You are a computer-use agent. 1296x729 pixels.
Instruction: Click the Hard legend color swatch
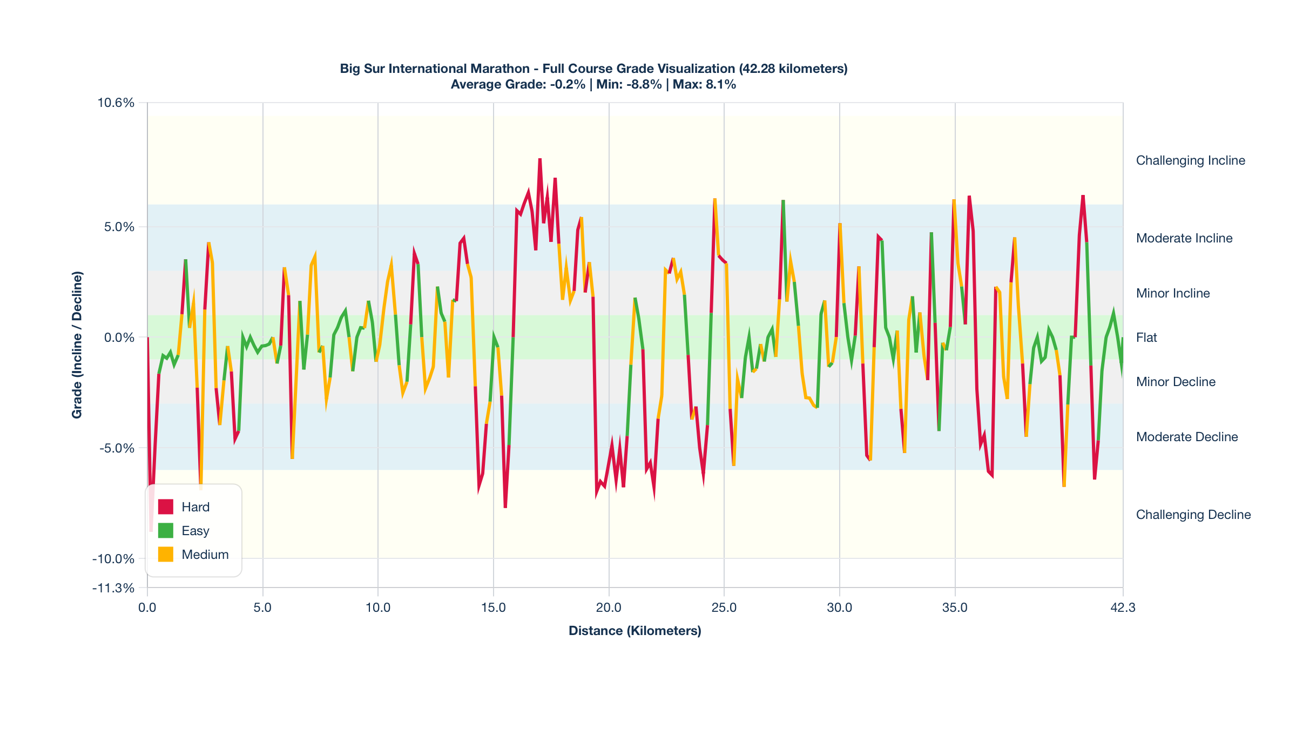coord(165,507)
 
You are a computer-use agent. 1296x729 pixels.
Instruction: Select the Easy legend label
coord(195,531)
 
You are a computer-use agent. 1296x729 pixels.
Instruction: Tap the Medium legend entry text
coord(205,555)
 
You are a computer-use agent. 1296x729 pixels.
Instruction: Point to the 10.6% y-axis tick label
coord(116,103)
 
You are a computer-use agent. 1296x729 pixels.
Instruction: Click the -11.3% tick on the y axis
coord(113,588)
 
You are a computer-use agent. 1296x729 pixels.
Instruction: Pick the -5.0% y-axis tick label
coord(117,448)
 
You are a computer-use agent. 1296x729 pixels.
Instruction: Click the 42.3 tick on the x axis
coord(1123,607)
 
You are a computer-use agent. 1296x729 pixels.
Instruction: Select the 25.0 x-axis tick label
coord(724,607)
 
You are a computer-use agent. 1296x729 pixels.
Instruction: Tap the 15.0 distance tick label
coord(493,607)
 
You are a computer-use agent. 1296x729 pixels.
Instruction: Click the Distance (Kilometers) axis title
coord(634,631)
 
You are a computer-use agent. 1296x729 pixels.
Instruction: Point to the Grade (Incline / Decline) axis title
coord(77,345)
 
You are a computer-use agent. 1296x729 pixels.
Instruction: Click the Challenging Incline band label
coord(1190,160)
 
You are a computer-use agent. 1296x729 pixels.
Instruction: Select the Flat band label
coord(1146,337)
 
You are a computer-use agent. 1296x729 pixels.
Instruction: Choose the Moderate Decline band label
coord(1186,437)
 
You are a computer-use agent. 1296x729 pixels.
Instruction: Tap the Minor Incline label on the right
coord(1172,293)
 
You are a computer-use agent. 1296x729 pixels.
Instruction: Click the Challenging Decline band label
coord(1193,515)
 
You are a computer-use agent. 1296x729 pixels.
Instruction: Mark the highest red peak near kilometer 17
coord(539,160)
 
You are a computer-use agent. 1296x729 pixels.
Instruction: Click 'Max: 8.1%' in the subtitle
coord(704,85)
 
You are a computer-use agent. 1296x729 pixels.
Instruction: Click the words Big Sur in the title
coord(362,69)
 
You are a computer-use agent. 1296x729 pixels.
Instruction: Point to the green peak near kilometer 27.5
coord(783,201)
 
